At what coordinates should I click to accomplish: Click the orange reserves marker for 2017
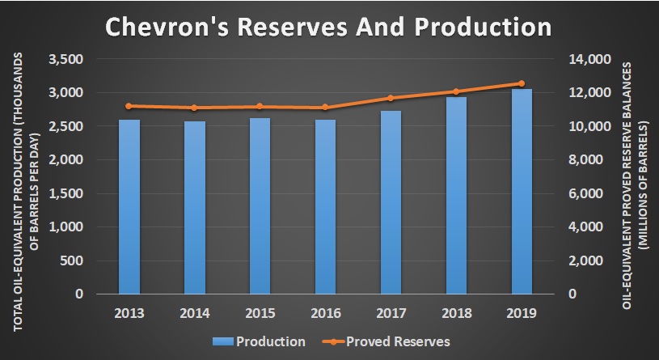[x=391, y=98]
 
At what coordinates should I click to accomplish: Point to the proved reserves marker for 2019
[x=522, y=83]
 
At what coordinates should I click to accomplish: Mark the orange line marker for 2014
[x=195, y=108]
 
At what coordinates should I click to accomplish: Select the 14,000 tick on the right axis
[x=593, y=60]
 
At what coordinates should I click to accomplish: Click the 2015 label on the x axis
[x=260, y=311]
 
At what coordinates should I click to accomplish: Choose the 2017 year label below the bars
[x=391, y=311]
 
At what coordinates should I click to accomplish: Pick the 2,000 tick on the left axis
[x=65, y=160]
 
